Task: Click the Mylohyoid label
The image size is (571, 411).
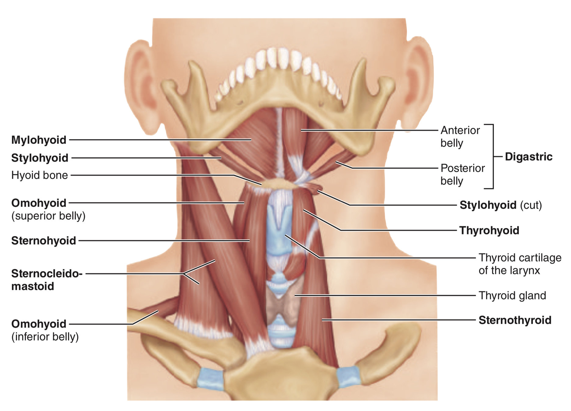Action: (39, 140)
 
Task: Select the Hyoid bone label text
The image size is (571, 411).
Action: (40, 175)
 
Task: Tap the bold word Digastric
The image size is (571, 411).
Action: (528, 157)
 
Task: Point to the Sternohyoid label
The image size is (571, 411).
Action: (44, 241)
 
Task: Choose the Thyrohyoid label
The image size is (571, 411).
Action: (489, 230)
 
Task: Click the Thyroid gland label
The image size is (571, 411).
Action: (512, 296)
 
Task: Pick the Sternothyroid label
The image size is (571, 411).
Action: (515, 320)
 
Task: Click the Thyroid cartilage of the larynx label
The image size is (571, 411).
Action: (520, 264)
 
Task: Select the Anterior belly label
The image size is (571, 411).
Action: (460, 137)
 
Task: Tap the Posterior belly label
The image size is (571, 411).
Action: (462, 174)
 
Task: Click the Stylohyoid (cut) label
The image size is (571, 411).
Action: (501, 205)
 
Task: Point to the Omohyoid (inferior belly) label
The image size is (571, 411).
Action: (45, 330)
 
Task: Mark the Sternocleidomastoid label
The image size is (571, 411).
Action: (46, 280)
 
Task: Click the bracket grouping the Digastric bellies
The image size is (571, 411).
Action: (493, 156)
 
